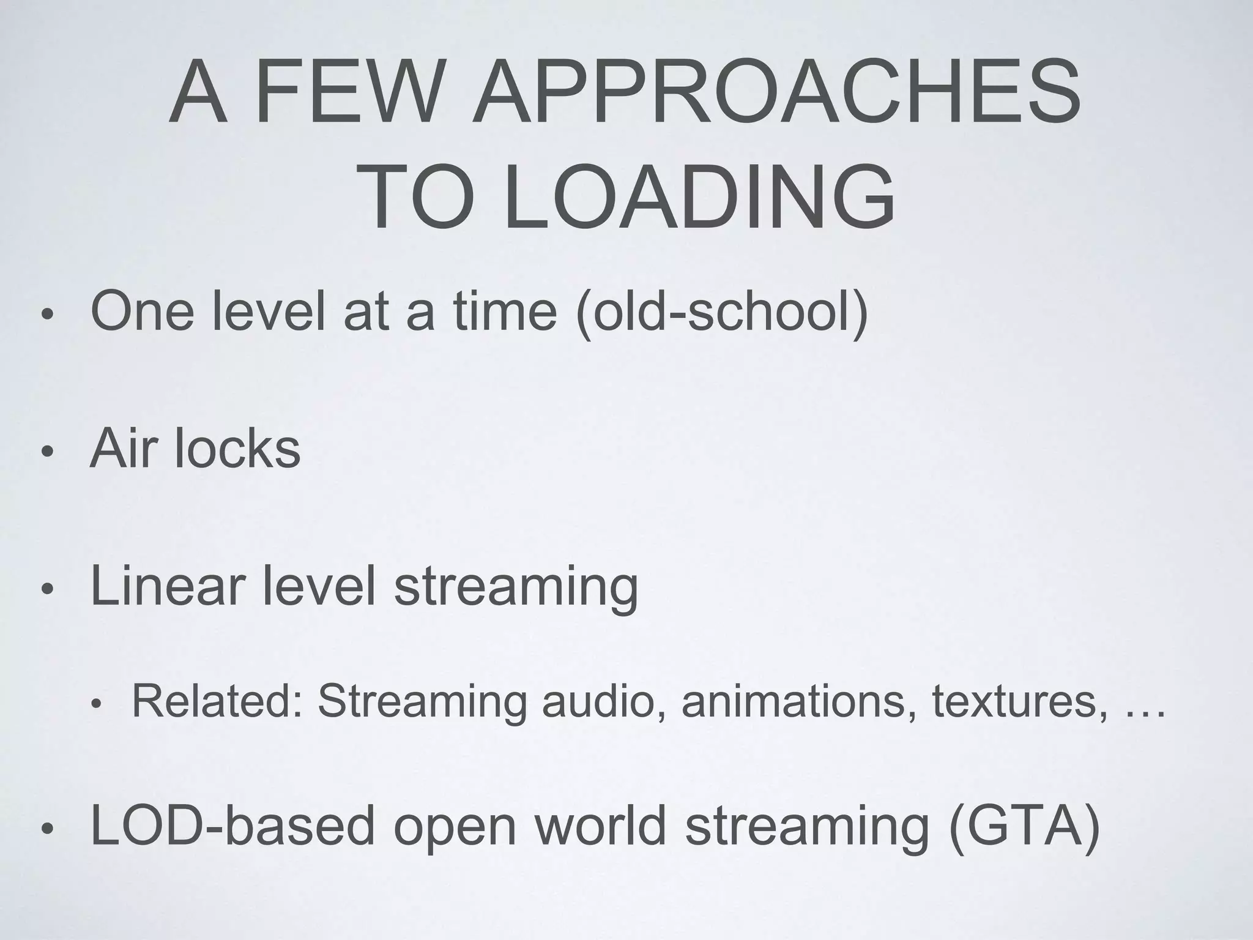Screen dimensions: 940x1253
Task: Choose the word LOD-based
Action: pos(232,826)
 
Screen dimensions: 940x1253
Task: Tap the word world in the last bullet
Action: pos(600,826)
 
